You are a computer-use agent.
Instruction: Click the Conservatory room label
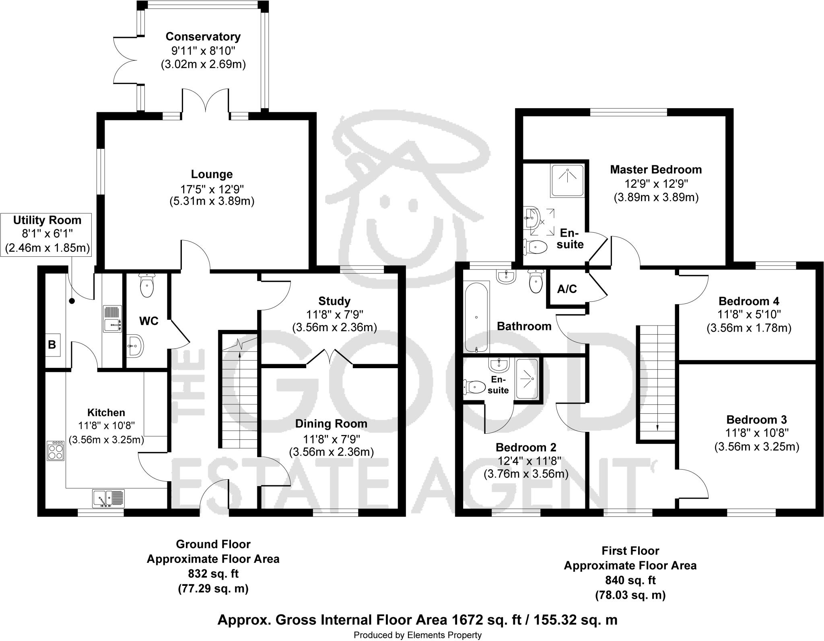[x=203, y=37]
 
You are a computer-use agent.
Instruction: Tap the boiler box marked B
[x=52, y=344]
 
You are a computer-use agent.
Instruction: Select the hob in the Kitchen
[x=56, y=451]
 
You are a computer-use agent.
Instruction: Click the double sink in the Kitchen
[x=109, y=498]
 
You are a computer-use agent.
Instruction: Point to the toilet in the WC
[x=146, y=285]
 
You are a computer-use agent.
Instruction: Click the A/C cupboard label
[x=567, y=289]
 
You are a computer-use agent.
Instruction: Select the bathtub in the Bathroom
[x=476, y=317]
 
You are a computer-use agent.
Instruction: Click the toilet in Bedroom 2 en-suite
[x=475, y=387]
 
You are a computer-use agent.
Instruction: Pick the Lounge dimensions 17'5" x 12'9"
[x=212, y=188]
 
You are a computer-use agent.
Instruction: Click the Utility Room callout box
[x=47, y=234]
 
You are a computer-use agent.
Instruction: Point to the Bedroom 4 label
[x=749, y=301]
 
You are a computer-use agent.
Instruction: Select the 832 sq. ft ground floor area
[x=213, y=573]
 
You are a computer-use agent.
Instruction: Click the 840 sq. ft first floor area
[x=630, y=580]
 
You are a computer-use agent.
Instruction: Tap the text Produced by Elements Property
[x=417, y=635]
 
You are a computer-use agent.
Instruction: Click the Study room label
[x=334, y=301]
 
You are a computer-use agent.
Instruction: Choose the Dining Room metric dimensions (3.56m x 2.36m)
[x=331, y=452]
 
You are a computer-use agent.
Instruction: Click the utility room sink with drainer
[x=112, y=319]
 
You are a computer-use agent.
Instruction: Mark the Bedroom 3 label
[x=756, y=420]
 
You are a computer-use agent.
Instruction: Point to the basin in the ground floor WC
[x=134, y=345]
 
